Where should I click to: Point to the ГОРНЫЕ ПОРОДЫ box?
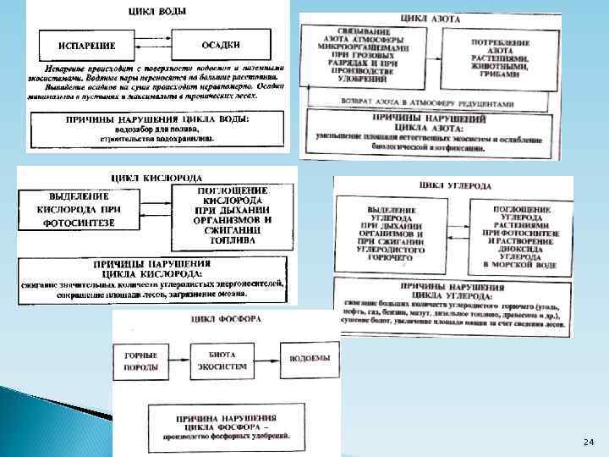141,361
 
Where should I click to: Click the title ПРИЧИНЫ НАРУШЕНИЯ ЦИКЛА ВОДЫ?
157,119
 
